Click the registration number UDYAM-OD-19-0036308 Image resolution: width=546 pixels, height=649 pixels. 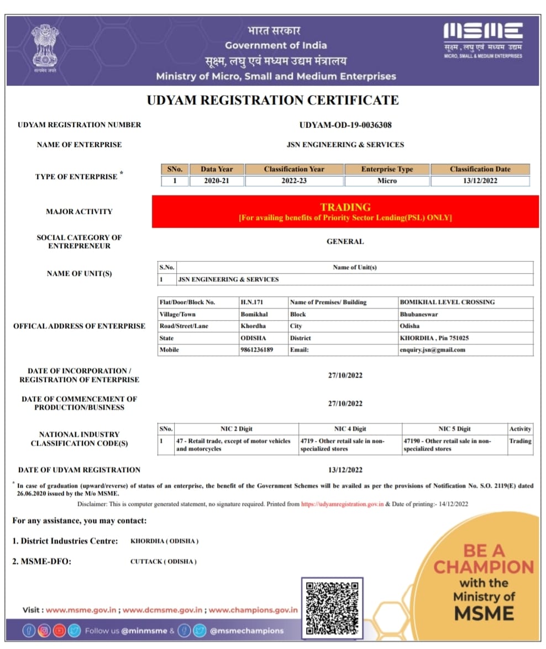click(345, 125)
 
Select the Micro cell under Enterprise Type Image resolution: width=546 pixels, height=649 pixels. click(387, 181)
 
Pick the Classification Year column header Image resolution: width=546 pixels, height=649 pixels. click(294, 169)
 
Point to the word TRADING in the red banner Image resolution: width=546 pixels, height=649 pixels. click(345, 207)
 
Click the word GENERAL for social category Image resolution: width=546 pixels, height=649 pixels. click(345, 242)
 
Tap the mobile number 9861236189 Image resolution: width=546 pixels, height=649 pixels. click(257, 350)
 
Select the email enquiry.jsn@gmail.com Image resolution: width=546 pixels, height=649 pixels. click(432, 350)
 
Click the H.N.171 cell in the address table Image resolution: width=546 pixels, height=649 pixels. click(253, 302)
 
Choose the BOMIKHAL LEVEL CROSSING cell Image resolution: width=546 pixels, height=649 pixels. click(447, 302)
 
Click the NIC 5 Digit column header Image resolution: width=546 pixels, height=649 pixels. click(455, 429)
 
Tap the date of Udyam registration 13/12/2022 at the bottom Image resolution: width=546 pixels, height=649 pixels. click(345, 470)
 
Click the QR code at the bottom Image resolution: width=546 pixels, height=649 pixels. click(332, 607)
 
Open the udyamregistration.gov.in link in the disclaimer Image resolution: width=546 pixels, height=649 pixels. click(342, 504)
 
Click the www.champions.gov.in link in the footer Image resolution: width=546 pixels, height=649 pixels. click(253, 610)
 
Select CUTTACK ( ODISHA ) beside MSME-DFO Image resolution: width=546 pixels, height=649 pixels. click(164, 562)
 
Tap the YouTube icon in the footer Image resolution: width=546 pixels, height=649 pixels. click(59, 630)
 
